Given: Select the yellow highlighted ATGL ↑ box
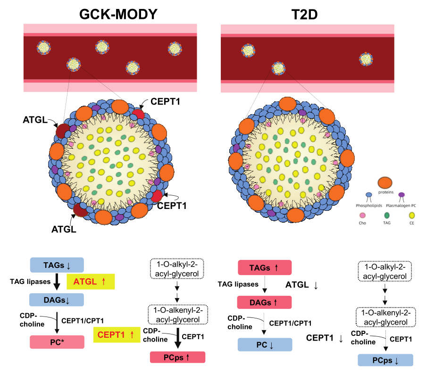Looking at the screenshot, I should pyautogui.click(x=91, y=282).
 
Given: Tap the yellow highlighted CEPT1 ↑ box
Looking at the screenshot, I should pyautogui.click(x=117, y=335).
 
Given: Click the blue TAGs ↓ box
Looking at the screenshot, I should pyautogui.click(x=57, y=264).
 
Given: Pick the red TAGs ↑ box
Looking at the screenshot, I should pyautogui.click(x=265, y=267).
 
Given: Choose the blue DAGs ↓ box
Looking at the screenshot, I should pyautogui.click(x=57, y=300).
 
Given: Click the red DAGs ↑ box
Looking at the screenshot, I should pyautogui.click(x=265, y=301).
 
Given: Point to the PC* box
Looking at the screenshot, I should pyautogui.click(x=57, y=342).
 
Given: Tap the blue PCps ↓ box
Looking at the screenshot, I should pyautogui.click(x=385, y=360).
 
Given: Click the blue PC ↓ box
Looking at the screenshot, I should pyautogui.click(x=265, y=344).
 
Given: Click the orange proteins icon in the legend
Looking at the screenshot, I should pyautogui.click(x=385, y=183).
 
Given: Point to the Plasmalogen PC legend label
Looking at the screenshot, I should pyautogui.click(x=403, y=206).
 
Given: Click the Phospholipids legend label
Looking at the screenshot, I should pyautogui.click(x=369, y=205).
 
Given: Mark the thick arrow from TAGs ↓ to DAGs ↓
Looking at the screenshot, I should pyautogui.click(x=57, y=282).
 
